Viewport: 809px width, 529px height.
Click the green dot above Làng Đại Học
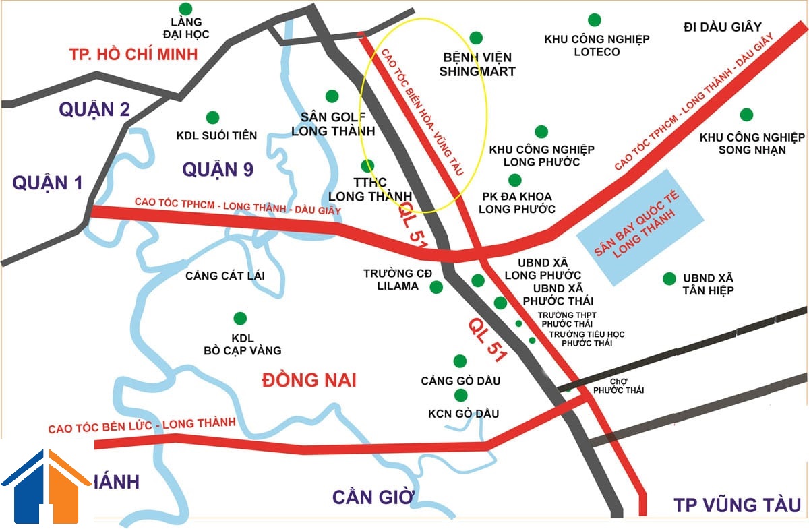coord(186,9)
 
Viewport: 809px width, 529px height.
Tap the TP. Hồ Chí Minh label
coord(133,55)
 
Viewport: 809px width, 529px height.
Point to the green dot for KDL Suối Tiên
coord(212,117)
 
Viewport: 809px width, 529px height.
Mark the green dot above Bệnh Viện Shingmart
coord(476,38)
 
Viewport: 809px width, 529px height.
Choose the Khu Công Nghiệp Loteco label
coord(597,45)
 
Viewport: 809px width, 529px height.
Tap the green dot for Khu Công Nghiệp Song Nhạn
coord(746,115)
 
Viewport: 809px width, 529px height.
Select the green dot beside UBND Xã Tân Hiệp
coord(669,278)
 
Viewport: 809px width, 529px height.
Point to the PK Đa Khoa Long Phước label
coord(516,203)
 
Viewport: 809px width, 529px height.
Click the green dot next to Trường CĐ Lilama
coord(436,287)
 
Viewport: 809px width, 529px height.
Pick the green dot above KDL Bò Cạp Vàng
coord(239,318)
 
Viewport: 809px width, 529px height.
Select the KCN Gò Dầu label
coord(464,414)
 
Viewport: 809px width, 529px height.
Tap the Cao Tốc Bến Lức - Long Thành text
coord(142,425)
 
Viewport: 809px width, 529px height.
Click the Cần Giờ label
coord(372,497)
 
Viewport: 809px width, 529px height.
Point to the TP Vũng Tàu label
coord(737,505)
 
